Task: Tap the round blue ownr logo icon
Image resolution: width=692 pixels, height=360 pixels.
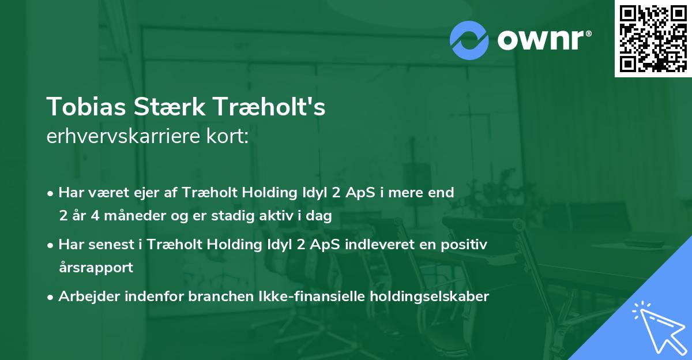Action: (469, 40)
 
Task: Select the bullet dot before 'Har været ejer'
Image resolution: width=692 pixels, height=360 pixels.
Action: (51, 193)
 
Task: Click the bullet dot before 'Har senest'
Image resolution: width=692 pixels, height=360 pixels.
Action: (51, 245)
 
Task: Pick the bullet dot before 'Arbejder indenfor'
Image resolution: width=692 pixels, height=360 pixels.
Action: (51, 297)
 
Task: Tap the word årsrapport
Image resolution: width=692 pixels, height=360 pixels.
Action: (96, 267)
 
